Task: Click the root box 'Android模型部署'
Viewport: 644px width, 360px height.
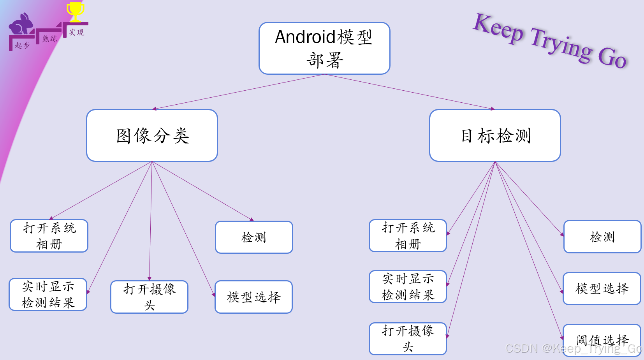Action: click(x=324, y=48)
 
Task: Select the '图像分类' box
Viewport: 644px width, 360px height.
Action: click(x=152, y=135)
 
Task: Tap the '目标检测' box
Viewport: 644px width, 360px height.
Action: click(x=495, y=135)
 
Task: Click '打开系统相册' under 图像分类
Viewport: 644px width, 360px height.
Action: click(x=49, y=236)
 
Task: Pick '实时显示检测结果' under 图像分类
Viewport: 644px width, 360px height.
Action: click(x=48, y=294)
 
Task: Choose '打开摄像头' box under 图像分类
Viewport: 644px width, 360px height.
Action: click(x=149, y=297)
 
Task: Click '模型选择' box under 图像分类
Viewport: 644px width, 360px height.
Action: click(x=253, y=297)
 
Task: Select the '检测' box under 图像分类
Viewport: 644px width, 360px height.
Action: click(x=254, y=237)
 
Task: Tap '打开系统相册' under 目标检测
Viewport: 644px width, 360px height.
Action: click(x=408, y=235)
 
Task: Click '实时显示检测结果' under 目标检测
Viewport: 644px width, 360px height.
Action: click(x=408, y=286)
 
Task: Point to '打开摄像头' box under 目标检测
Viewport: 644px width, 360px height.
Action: click(x=408, y=338)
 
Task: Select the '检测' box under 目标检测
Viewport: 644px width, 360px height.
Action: click(x=602, y=237)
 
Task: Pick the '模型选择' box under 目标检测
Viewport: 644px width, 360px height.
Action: click(x=602, y=288)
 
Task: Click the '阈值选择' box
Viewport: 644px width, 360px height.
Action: click(x=602, y=339)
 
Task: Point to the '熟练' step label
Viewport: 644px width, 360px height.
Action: click(x=50, y=39)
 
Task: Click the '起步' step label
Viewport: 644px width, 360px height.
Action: click(x=22, y=45)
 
